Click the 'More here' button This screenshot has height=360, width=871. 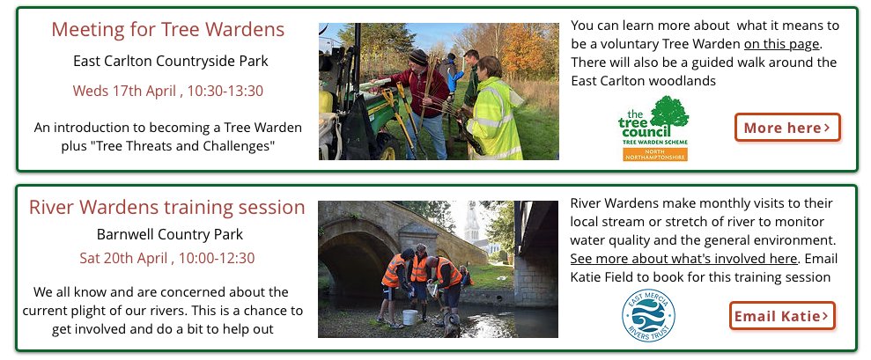pyautogui.click(x=787, y=128)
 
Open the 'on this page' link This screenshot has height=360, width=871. pyautogui.click(x=782, y=44)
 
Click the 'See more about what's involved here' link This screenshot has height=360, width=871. pyautogui.click(x=683, y=259)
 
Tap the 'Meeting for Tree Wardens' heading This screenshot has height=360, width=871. pyautogui.click(x=168, y=29)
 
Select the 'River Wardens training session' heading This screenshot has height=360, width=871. pyautogui.click(x=167, y=208)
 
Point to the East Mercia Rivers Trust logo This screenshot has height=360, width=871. pyautogui.click(x=648, y=315)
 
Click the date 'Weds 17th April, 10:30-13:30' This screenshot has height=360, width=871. pyautogui.click(x=168, y=91)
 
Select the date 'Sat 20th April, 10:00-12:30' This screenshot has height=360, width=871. pyautogui.click(x=167, y=258)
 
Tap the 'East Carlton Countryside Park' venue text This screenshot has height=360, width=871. pyautogui.click(x=171, y=61)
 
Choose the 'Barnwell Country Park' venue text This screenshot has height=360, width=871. pyautogui.click(x=170, y=234)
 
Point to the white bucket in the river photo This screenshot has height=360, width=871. pyautogui.click(x=410, y=316)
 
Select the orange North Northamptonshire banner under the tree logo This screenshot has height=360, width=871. pyautogui.click(x=653, y=153)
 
